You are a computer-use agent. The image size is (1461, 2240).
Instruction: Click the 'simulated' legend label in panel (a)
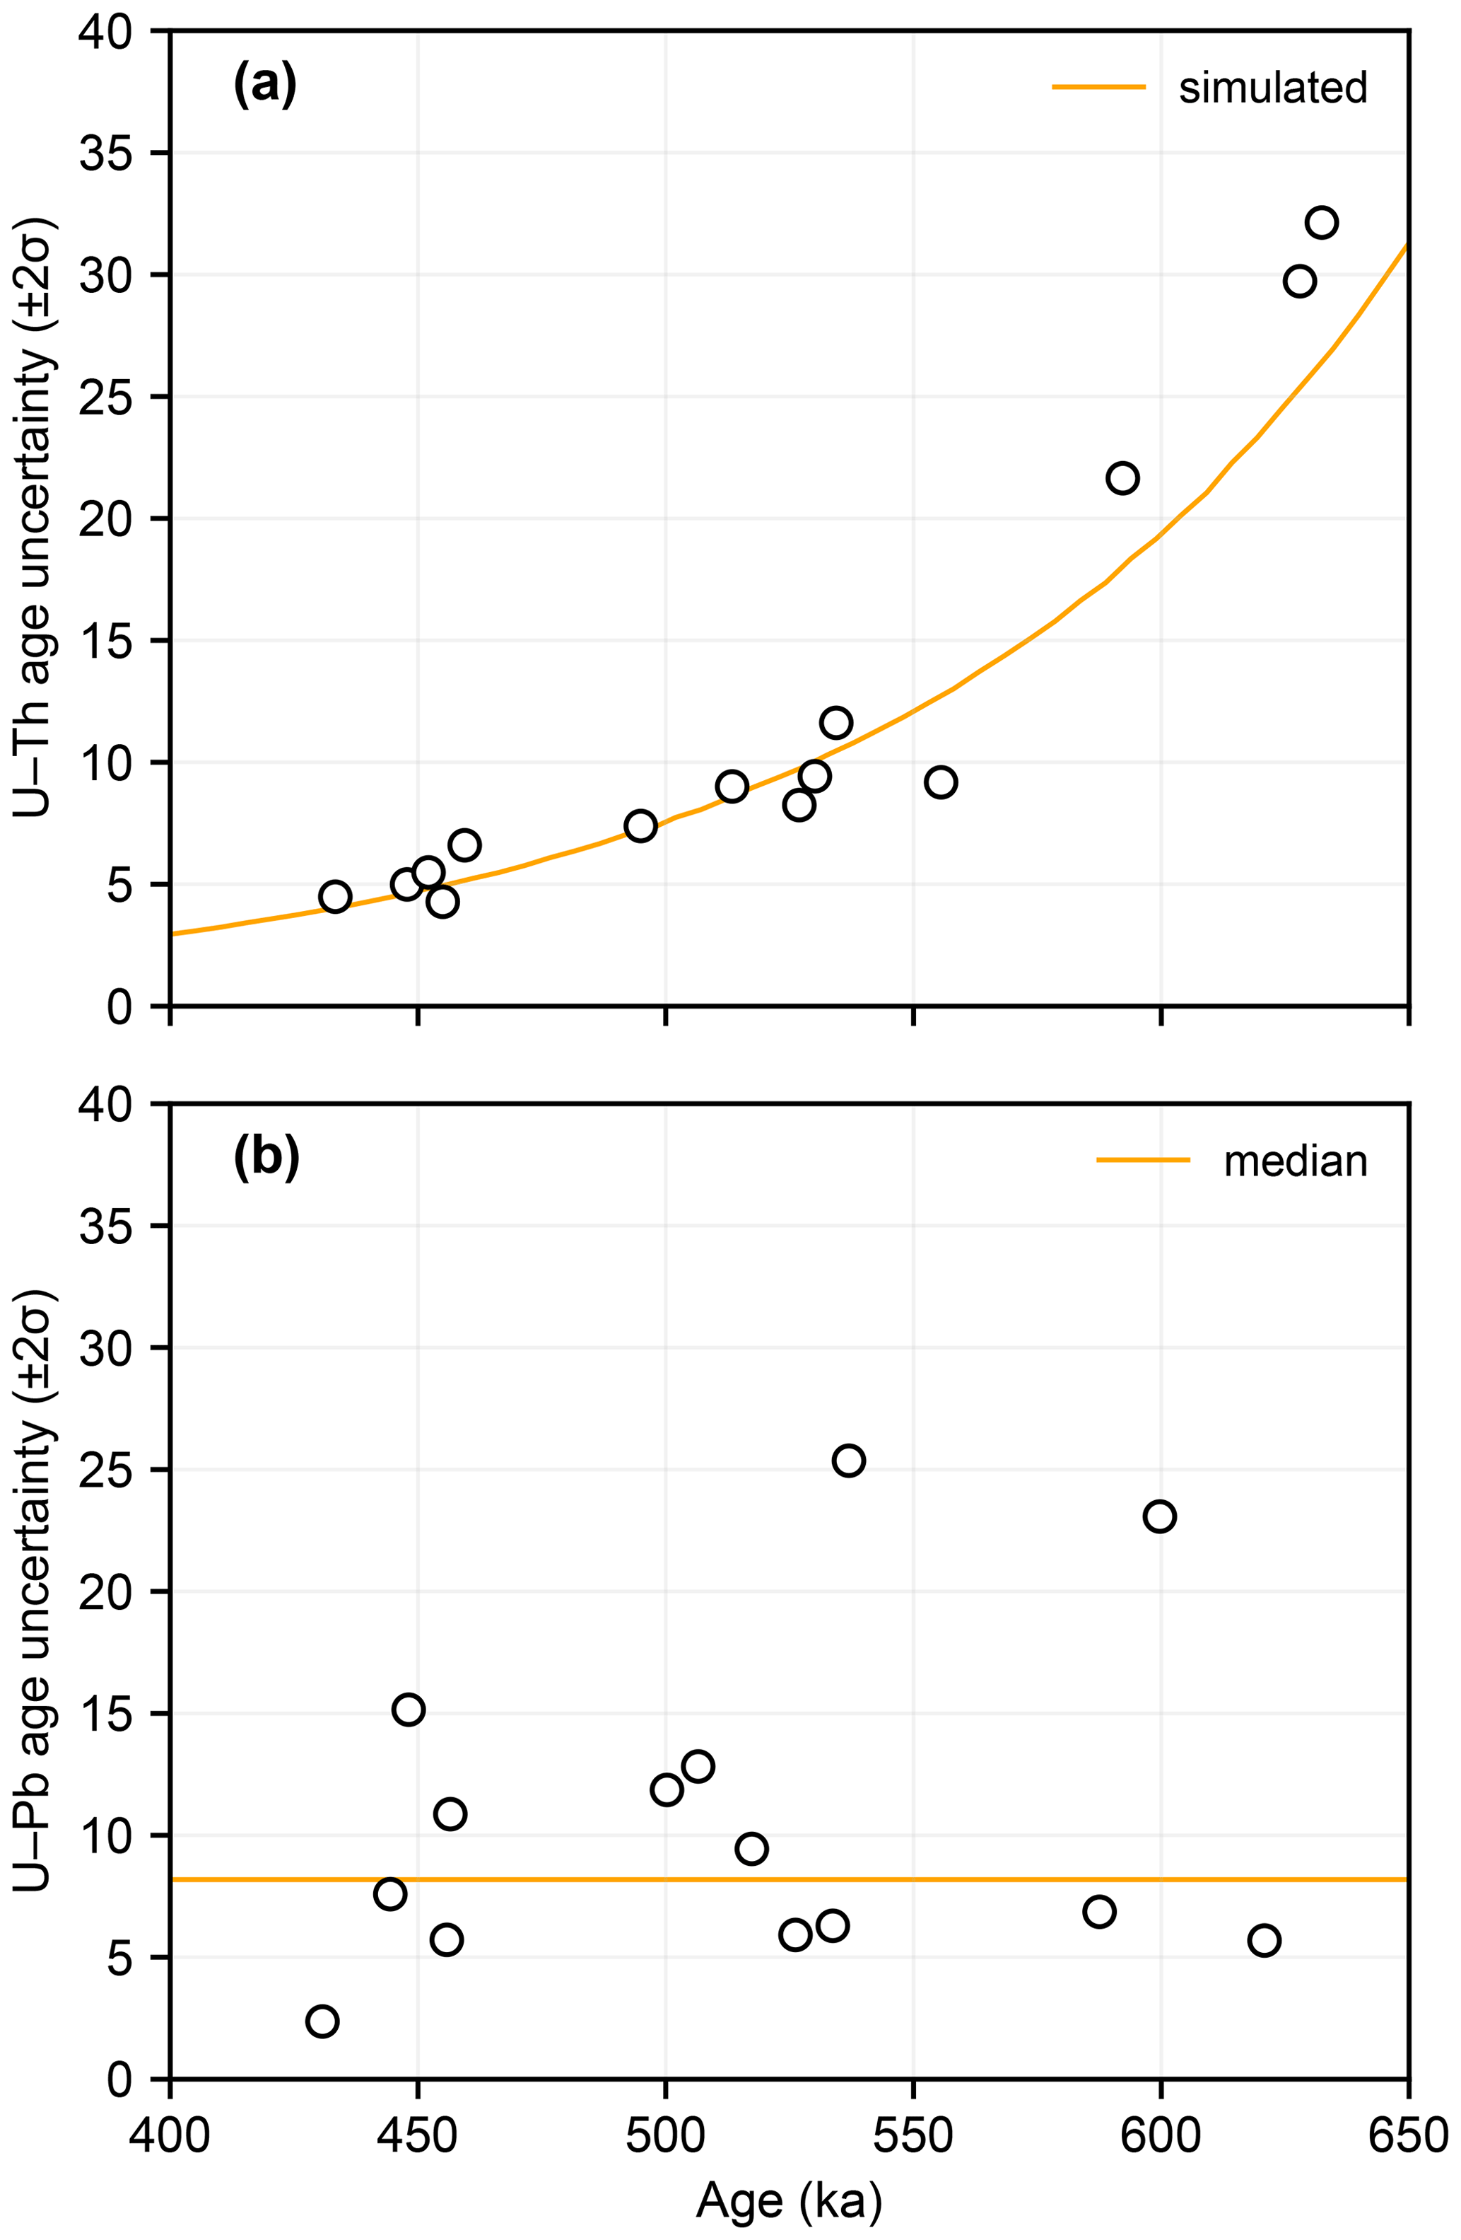click(x=1272, y=88)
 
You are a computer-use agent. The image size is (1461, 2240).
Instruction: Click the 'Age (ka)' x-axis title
click(x=788, y=2200)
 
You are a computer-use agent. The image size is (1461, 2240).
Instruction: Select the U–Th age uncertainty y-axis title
click(x=36, y=518)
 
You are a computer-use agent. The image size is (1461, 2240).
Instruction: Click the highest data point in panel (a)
click(x=1321, y=223)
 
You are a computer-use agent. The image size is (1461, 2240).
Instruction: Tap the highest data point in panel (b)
click(x=849, y=1461)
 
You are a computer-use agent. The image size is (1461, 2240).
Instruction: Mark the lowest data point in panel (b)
click(x=322, y=2021)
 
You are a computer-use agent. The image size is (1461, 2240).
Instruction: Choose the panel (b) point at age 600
click(x=1159, y=1516)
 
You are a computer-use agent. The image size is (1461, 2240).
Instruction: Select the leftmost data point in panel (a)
click(x=335, y=896)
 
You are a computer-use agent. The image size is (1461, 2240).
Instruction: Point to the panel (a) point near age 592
click(x=1122, y=478)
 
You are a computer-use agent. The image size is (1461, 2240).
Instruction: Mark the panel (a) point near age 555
click(x=941, y=782)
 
